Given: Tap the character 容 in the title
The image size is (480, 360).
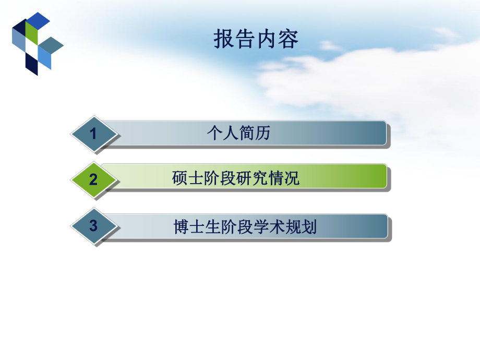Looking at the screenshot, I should point(288,39).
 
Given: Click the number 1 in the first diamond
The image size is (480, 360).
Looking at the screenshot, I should point(93,134).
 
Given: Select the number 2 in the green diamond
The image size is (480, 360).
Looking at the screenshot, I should point(93,179).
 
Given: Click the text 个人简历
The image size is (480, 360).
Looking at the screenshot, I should point(238,134).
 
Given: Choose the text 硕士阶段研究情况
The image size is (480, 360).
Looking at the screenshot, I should point(236,178).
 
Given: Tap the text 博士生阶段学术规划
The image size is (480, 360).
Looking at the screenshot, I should point(245,227).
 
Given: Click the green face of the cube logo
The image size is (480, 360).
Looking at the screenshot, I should point(32,33).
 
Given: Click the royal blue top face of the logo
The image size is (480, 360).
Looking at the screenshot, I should point(38,19).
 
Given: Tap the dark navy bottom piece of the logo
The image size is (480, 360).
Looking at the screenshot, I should point(32,64).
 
